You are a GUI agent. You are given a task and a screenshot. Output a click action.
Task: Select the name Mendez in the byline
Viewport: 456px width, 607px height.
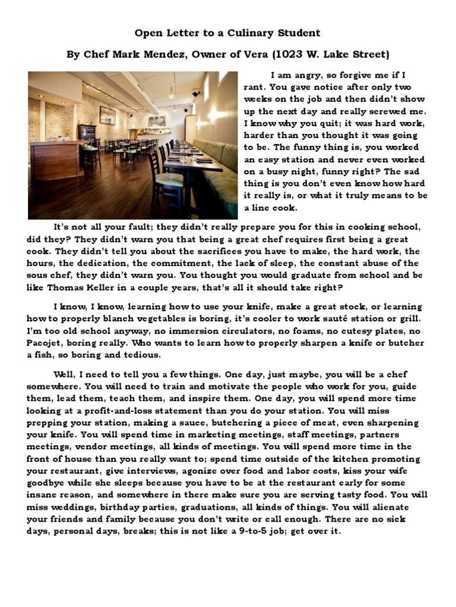click(165, 55)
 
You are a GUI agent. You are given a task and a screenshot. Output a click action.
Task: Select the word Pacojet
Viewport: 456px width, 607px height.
click(45, 343)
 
